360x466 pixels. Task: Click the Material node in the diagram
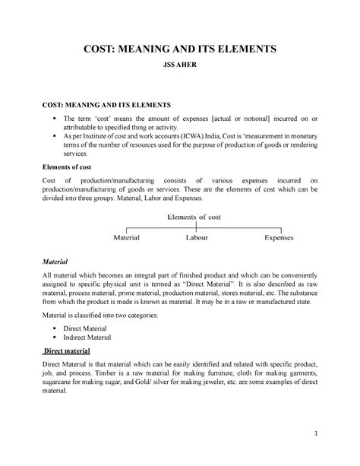click(126, 237)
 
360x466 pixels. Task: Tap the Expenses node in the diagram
click(278, 237)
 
